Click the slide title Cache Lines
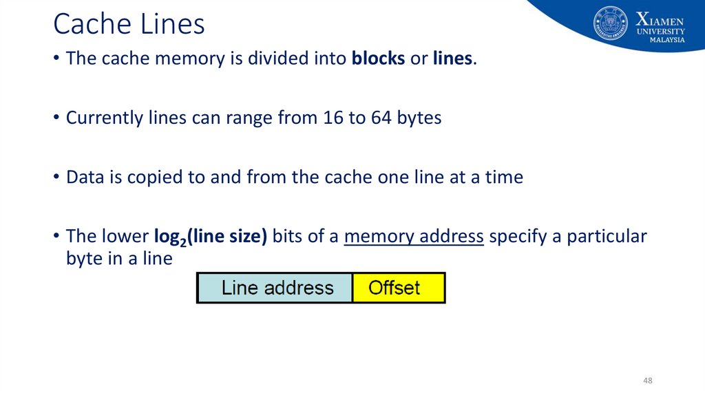129,25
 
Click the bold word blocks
378,59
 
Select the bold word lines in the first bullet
452,59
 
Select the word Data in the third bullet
84,178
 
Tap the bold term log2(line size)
210,237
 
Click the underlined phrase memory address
414,237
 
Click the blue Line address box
275,288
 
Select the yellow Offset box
398,288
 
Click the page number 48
647,381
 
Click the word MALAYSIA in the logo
667,40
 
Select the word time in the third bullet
503,178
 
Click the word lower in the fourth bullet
124,237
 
